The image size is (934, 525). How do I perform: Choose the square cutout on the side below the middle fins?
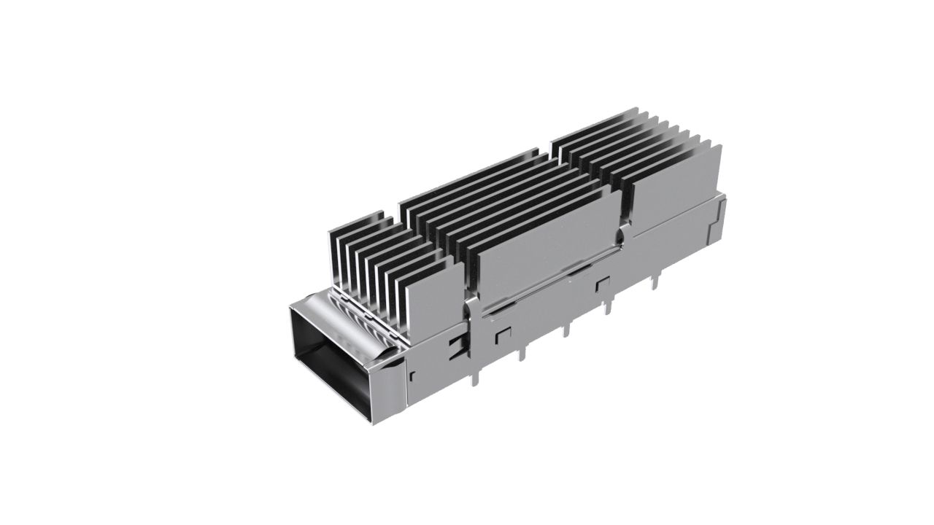pyautogui.click(x=603, y=284)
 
